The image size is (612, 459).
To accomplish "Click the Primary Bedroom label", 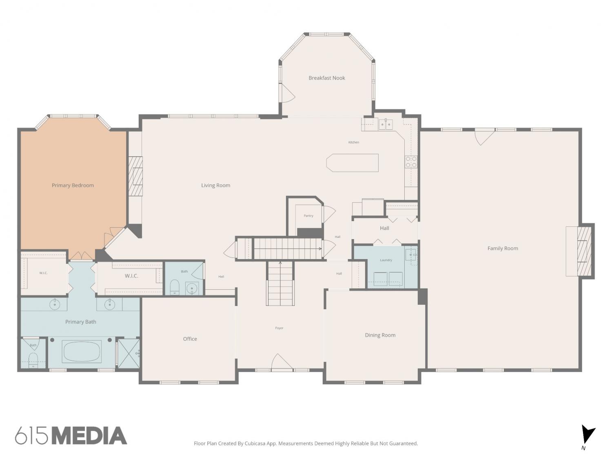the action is pyautogui.click(x=73, y=185).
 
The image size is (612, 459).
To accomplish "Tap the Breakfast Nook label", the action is pyautogui.click(x=327, y=78).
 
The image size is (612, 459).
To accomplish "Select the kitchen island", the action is pyautogui.click(x=353, y=163).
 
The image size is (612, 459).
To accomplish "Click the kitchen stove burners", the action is pyautogui.click(x=411, y=162).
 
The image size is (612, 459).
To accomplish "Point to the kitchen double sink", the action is pyautogui.click(x=386, y=124).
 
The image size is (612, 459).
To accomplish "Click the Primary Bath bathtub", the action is pyautogui.click(x=82, y=351).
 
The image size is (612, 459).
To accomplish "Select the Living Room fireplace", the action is pyautogui.click(x=135, y=176).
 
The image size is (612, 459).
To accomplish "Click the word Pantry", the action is pyautogui.click(x=308, y=216).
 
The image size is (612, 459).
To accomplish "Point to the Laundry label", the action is pyautogui.click(x=386, y=260).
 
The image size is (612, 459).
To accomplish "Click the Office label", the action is pyautogui.click(x=190, y=339).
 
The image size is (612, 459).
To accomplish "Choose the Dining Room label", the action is pyautogui.click(x=380, y=335).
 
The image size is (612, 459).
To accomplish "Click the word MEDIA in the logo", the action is pyautogui.click(x=90, y=436).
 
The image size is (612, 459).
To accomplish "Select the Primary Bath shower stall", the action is pyautogui.click(x=129, y=353).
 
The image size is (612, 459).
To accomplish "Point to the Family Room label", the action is pyautogui.click(x=503, y=248).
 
